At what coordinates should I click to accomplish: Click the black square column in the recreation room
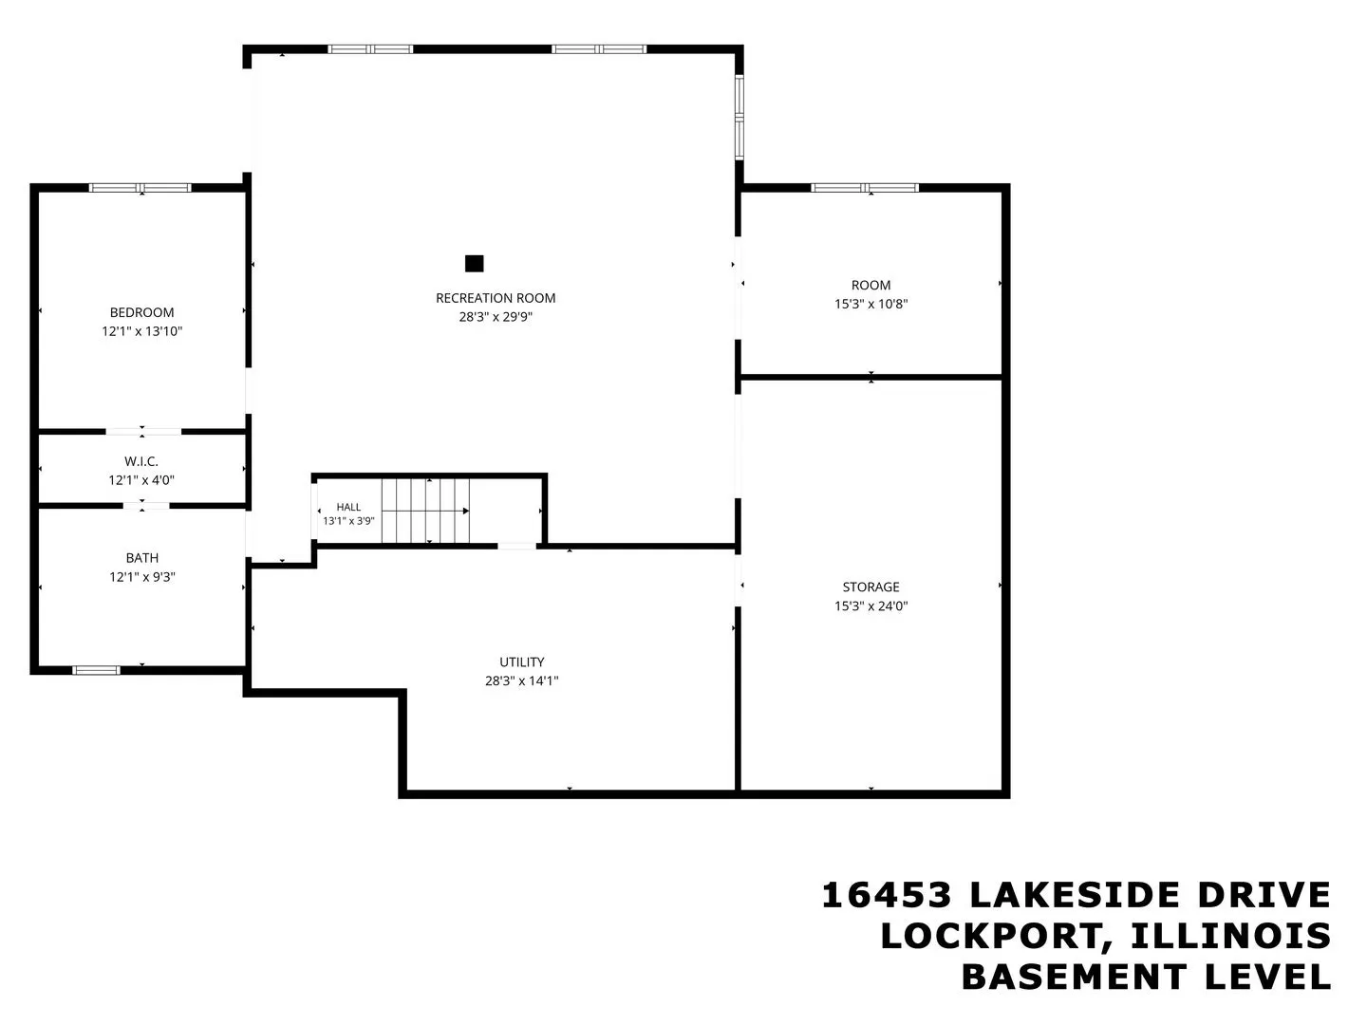[x=474, y=264]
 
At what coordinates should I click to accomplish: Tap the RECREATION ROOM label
[x=496, y=298]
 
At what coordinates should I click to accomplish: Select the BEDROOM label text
[x=142, y=312]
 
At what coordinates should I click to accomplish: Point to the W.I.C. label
[x=141, y=461]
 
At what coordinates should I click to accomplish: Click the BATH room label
[x=142, y=558]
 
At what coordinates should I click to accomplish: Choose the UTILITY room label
[x=522, y=662]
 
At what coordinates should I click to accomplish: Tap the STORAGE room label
[x=871, y=587]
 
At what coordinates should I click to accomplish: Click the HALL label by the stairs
[x=348, y=507]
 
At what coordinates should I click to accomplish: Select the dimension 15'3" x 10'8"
[x=871, y=304]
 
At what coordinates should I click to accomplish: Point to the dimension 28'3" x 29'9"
[x=496, y=317]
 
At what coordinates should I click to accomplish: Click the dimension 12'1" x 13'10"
[x=142, y=331]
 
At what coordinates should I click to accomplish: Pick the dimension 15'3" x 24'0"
[x=871, y=606]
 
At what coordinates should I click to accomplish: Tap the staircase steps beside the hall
[x=425, y=511]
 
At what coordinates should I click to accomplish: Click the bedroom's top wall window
[x=140, y=187]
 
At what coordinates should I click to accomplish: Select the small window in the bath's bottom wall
[x=96, y=670]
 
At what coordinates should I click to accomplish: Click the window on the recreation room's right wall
[x=740, y=117]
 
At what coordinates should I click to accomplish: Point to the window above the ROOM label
[x=865, y=187]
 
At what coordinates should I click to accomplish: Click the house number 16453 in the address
[x=887, y=896]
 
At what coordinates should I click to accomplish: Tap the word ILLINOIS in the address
[x=1231, y=937]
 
